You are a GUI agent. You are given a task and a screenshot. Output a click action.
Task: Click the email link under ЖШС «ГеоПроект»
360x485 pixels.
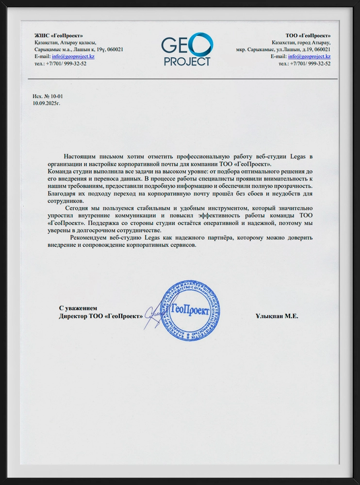coord(73,56)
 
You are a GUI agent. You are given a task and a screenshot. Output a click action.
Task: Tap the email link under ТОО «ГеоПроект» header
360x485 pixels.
coord(310,56)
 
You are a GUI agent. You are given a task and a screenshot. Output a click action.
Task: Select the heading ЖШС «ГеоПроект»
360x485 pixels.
coord(59,35)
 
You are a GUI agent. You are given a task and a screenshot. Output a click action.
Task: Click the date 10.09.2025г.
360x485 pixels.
coord(47,103)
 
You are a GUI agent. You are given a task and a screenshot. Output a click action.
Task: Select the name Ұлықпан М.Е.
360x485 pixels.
coord(277,316)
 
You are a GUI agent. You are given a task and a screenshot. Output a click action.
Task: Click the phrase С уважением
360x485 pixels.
coord(78,308)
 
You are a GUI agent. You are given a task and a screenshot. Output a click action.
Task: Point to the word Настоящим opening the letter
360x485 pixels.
coord(80,157)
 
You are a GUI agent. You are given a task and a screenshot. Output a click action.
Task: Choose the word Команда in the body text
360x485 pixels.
coord(55,172)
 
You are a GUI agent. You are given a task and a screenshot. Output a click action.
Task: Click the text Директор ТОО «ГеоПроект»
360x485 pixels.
coord(100,316)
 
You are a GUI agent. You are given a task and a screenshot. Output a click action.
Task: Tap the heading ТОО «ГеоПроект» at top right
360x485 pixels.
coord(309,35)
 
